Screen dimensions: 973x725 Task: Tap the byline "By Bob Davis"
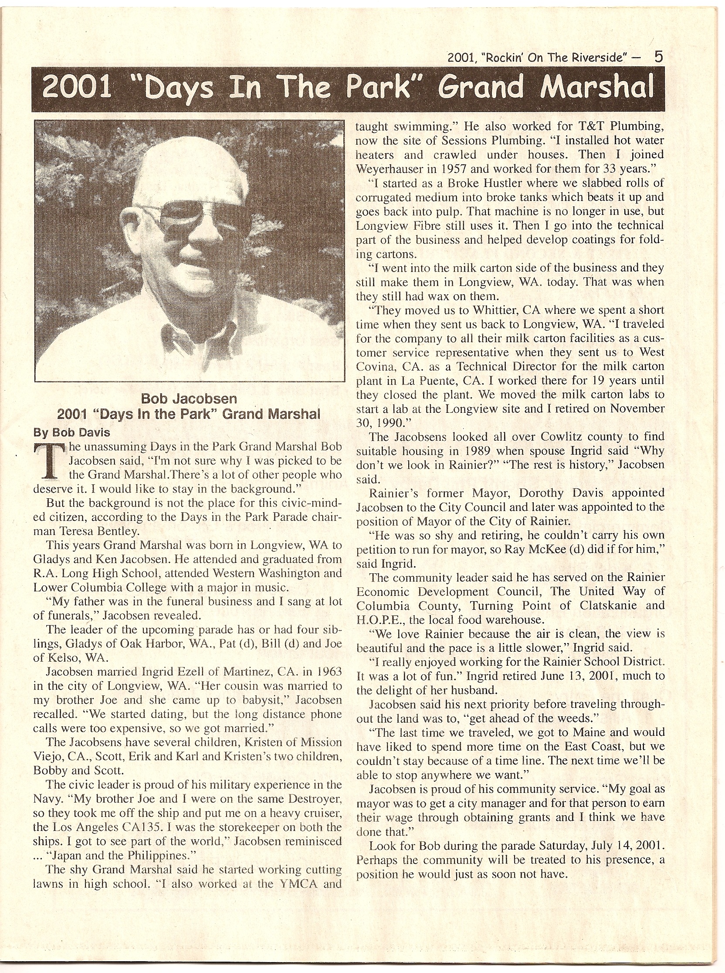click(72, 432)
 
